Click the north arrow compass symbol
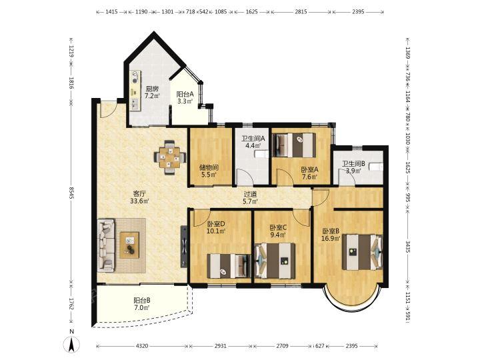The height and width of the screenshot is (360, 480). tap(71, 344)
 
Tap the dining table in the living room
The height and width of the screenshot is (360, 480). tap(170, 157)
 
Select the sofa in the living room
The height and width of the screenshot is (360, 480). tap(106, 245)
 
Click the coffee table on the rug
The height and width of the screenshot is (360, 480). tap(129, 245)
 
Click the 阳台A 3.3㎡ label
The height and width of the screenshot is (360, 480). tap(185, 98)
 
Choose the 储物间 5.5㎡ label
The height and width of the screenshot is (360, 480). tap(209, 171)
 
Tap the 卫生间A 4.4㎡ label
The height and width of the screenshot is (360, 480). tap(253, 142)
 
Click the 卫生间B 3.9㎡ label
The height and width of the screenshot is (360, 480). tap(353, 167)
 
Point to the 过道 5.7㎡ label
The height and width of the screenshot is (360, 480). tap(250, 197)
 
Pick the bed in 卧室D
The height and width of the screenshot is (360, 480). tap(229, 266)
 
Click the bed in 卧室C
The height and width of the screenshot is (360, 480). tap(275, 261)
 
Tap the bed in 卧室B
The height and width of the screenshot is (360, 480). tap(363, 252)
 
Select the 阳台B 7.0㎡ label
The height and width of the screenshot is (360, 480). tap(142, 304)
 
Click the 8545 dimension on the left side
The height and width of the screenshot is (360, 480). tap(71, 193)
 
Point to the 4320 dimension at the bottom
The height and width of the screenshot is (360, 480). tap(142, 346)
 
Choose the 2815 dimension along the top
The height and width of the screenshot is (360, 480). tap(301, 12)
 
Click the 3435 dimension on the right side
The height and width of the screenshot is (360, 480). tap(408, 247)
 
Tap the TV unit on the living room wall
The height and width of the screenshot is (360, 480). tap(184, 247)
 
